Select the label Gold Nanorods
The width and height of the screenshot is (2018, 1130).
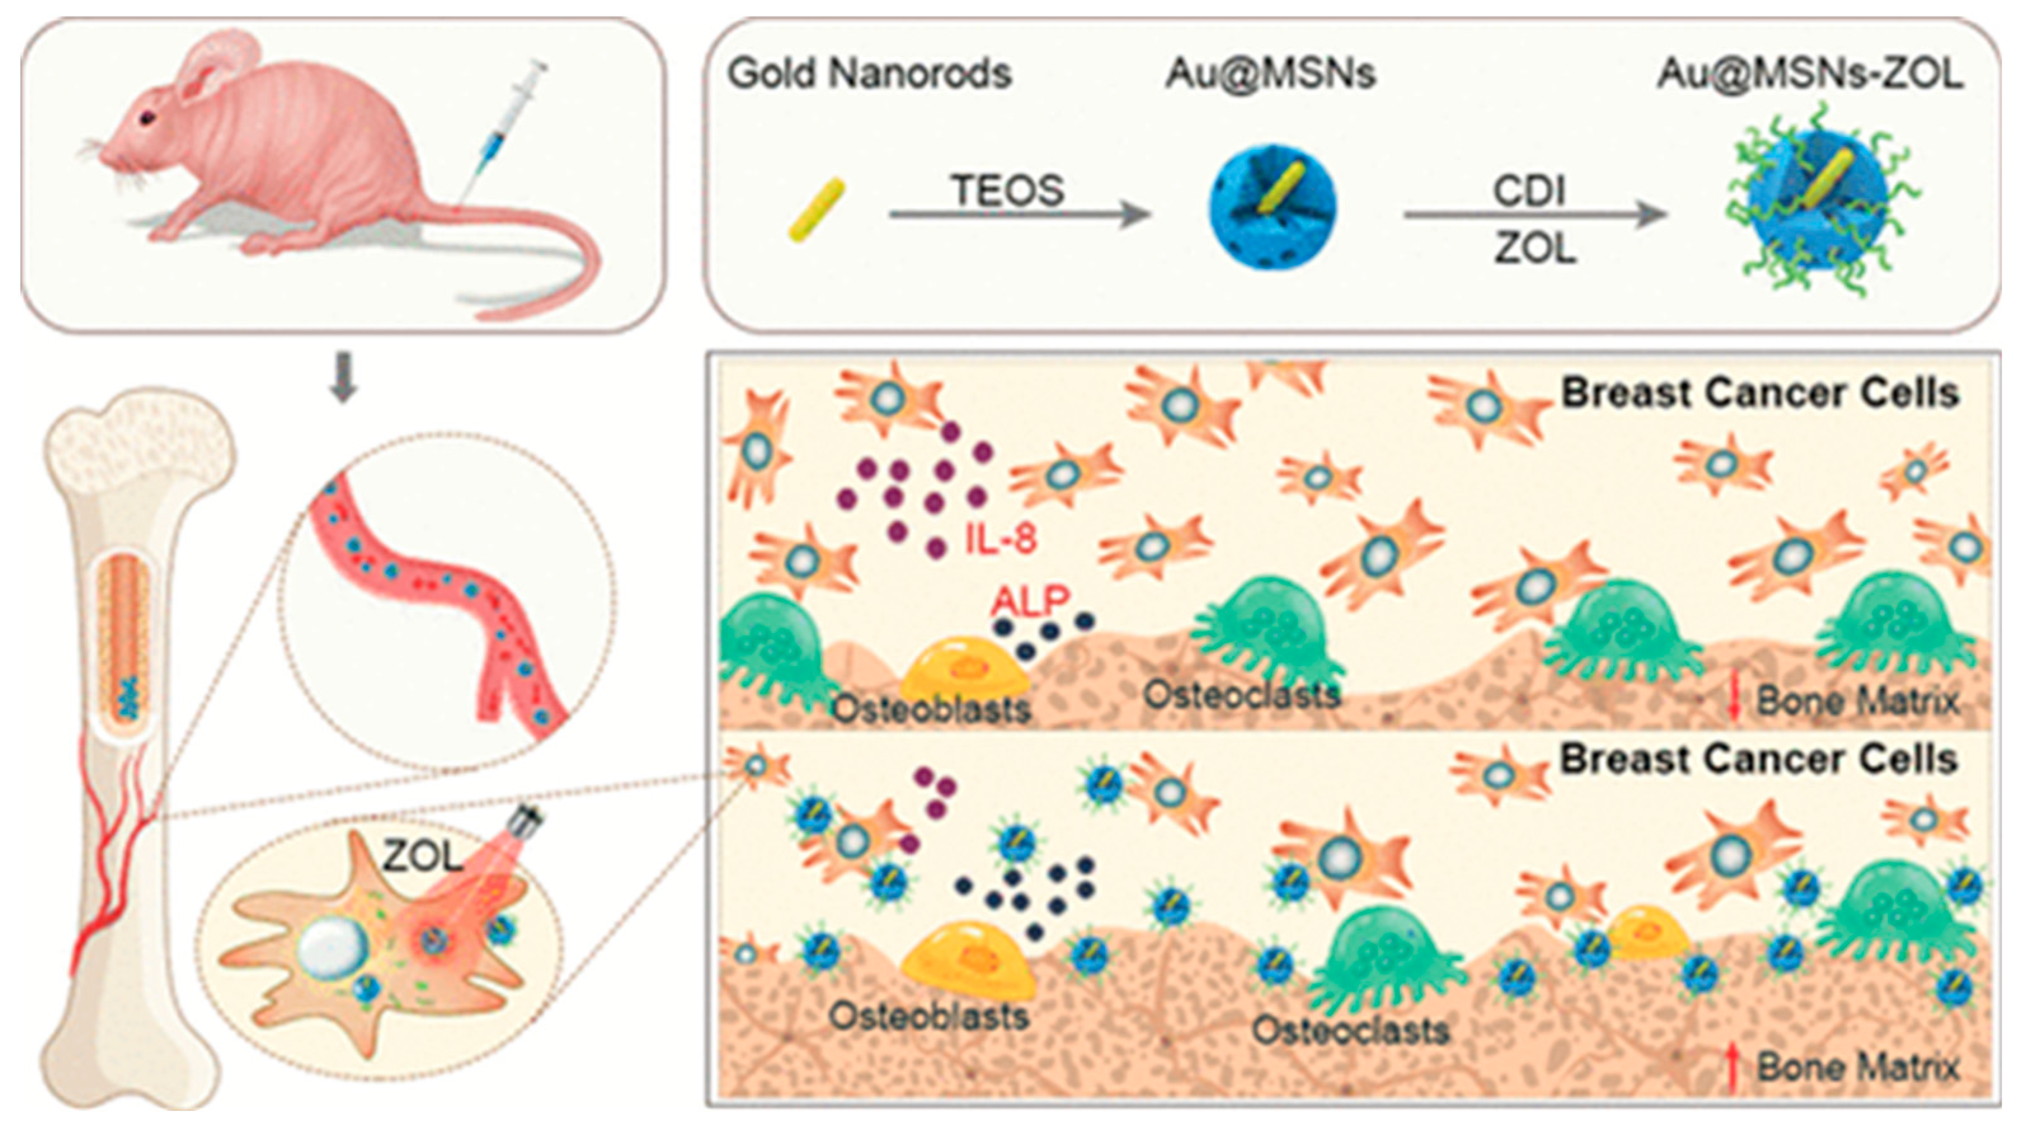[x=869, y=74]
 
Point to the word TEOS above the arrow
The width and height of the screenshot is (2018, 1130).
[x=1008, y=190]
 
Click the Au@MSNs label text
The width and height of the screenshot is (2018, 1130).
[x=1270, y=74]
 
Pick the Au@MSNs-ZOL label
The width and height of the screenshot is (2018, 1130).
[x=1810, y=74]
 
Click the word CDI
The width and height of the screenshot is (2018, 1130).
[x=1528, y=191]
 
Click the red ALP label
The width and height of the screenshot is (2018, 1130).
[x=1029, y=601]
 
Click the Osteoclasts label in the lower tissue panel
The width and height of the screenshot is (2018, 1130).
[x=1351, y=1030]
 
